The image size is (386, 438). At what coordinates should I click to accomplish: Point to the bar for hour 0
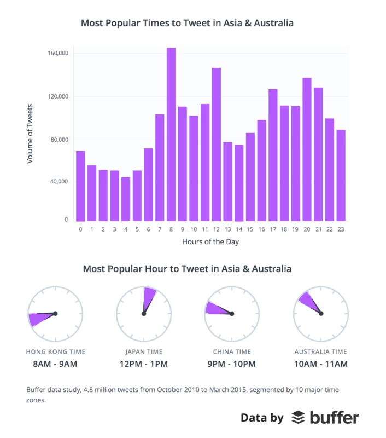80,186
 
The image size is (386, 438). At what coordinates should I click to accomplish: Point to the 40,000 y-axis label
58,181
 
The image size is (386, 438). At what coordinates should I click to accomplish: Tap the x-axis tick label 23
341,230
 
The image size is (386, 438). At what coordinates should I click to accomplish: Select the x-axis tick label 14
239,230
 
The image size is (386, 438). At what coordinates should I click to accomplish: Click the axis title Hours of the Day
210,242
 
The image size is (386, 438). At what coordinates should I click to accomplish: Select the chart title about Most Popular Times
187,24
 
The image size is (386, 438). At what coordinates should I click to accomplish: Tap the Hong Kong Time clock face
55,313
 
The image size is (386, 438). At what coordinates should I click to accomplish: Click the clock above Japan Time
144,313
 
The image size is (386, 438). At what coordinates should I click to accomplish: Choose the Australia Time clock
320,313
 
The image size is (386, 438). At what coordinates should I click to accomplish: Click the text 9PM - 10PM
232,364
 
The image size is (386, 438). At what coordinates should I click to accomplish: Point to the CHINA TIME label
232,352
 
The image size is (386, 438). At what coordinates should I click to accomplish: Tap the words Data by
262,418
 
